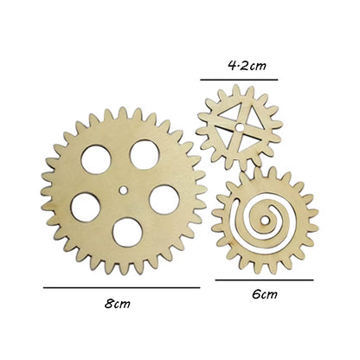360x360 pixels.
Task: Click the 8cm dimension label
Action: click(119, 304)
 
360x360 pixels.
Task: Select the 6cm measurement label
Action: click(264, 295)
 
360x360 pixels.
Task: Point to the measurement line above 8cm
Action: click(121, 286)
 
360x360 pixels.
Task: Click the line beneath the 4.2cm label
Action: click(240, 80)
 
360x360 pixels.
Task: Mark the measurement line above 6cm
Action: click(264, 280)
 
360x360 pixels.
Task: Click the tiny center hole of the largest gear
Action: click(123, 187)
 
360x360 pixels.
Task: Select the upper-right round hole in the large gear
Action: click(144, 153)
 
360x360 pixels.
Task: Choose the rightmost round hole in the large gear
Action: click(164, 198)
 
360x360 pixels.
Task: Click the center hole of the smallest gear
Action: click(237, 128)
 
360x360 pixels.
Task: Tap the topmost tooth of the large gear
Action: click(121, 112)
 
